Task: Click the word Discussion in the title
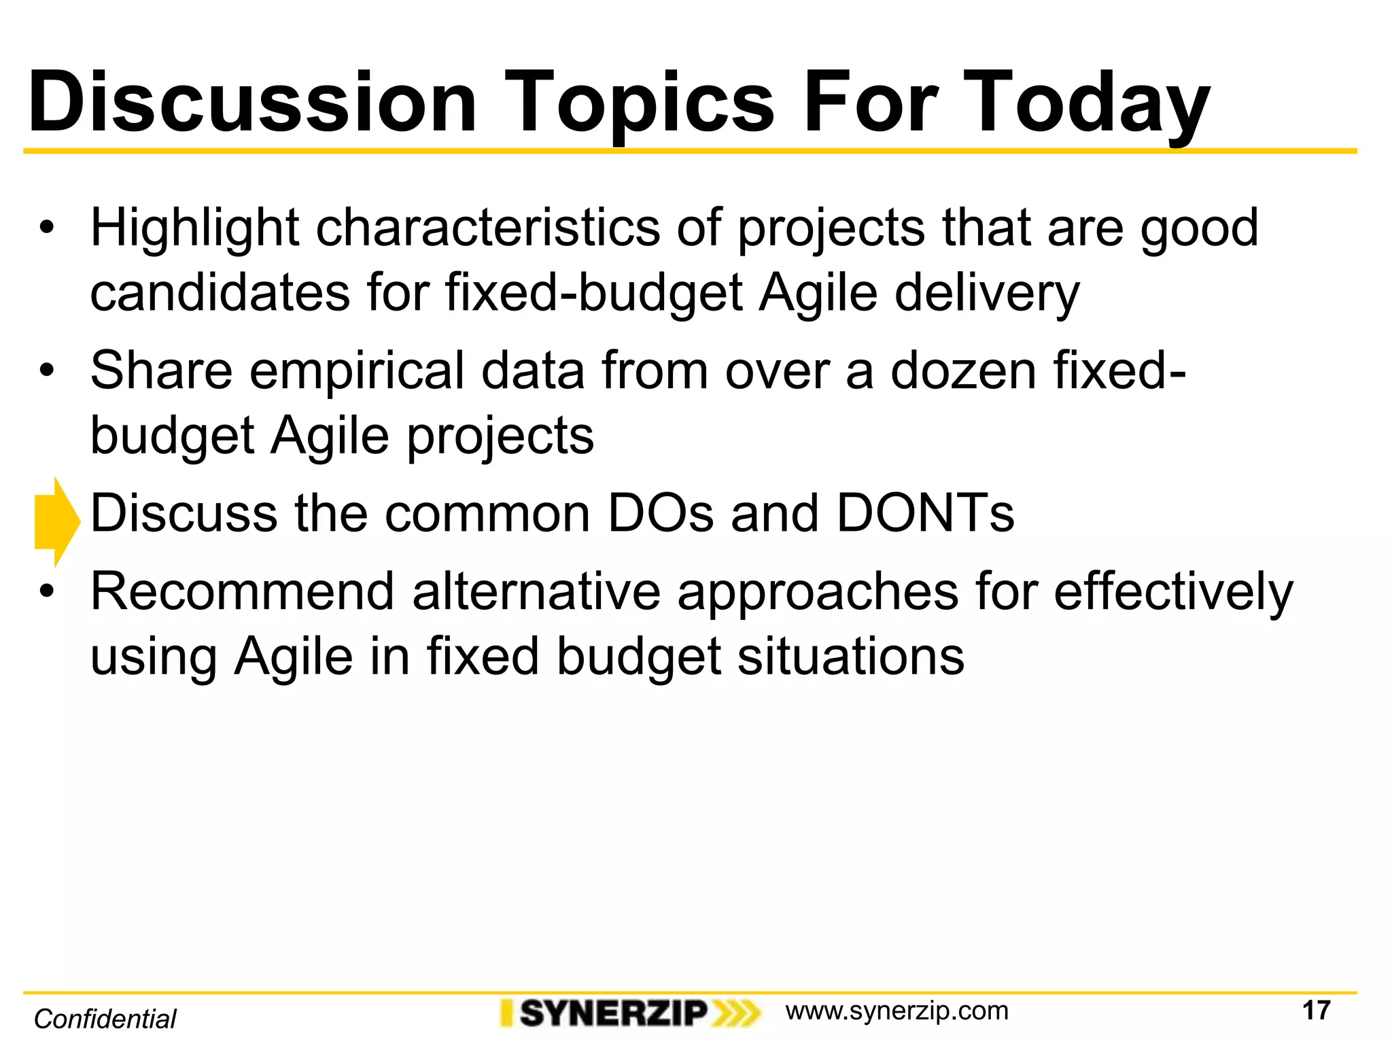251,103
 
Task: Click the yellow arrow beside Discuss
57,522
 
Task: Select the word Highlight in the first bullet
195,229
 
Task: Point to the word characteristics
487,228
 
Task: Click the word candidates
220,293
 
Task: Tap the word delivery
986,294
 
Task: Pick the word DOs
660,513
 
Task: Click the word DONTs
924,513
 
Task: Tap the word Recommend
243,591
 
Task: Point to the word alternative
536,591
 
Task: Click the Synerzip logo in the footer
629,1013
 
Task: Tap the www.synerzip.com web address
897,1011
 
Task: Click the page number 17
1315,1011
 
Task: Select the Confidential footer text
105,1019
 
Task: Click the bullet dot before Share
46,371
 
